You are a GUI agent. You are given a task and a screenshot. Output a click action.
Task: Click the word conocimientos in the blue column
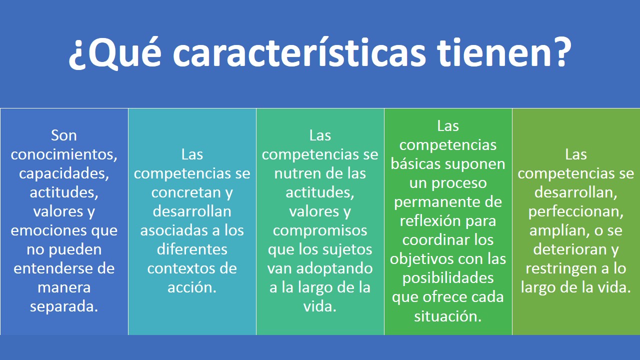64,154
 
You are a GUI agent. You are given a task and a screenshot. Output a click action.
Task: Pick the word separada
64,306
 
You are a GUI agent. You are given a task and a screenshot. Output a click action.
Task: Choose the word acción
192,287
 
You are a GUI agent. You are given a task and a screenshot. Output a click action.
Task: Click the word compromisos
320,230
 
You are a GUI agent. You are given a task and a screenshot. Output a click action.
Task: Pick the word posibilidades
448,278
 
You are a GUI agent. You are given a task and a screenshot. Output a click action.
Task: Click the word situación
448,316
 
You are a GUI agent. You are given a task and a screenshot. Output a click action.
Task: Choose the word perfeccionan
576,211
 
